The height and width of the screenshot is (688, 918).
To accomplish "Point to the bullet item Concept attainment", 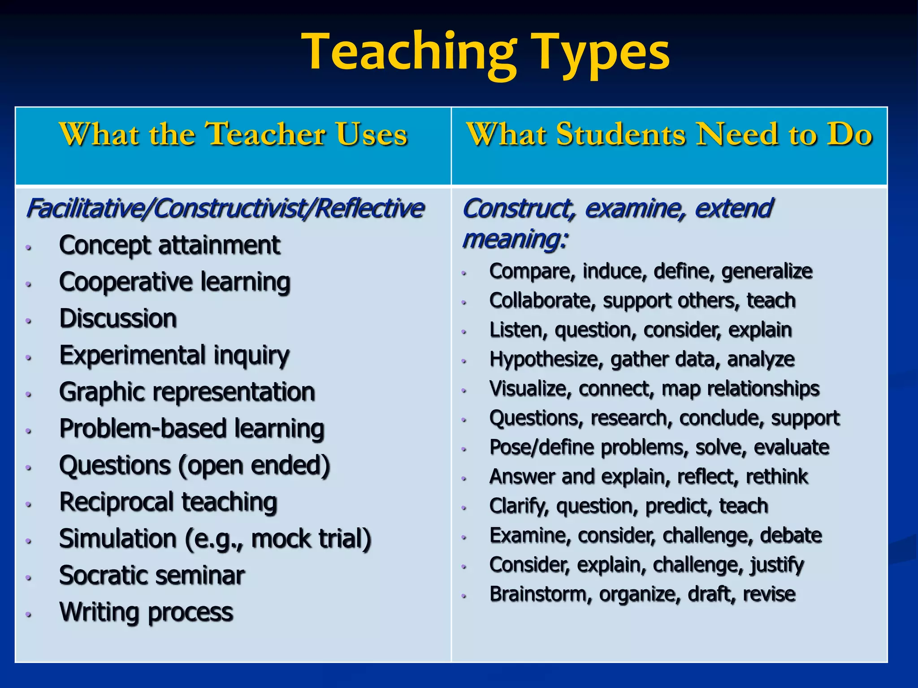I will click(x=169, y=245).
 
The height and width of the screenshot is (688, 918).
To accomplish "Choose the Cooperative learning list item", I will click(x=175, y=282).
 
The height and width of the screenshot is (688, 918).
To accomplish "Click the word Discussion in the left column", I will click(x=118, y=318).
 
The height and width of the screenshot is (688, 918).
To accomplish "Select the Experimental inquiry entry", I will click(x=174, y=356).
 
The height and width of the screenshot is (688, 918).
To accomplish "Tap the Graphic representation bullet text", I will click(x=187, y=392).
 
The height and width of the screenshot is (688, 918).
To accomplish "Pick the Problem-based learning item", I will click(x=191, y=429).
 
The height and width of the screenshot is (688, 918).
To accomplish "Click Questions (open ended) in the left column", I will click(x=195, y=465).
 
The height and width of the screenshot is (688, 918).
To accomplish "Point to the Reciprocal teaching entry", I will click(x=168, y=502).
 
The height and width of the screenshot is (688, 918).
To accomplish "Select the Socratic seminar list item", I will click(x=152, y=576).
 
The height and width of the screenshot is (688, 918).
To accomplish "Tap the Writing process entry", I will click(x=146, y=612).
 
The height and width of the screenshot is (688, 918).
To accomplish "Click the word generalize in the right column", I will click(x=766, y=271).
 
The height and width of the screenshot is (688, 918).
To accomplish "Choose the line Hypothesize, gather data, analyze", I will click(x=642, y=360).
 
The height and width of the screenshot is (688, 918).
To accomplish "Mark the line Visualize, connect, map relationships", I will click(x=654, y=389).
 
